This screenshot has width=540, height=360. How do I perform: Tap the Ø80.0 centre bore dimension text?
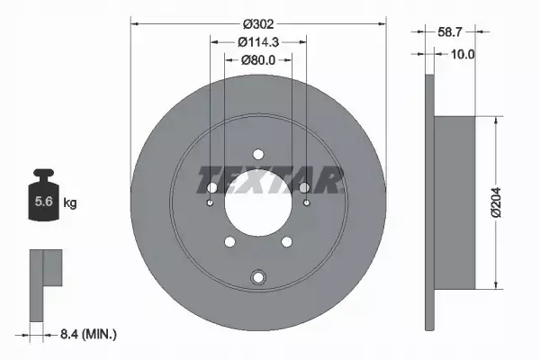pyautogui.click(x=258, y=59)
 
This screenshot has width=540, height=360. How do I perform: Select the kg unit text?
pyautogui.click(x=70, y=203)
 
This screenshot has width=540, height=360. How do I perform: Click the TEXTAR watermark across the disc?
pyautogui.click(x=271, y=180)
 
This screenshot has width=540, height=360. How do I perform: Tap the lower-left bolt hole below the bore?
pyautogui.click(x=230, y=241)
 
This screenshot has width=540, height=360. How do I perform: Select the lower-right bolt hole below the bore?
pyautogui.click(x=286, y=241)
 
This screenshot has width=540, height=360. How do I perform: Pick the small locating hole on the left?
pyautogui.click(x=209, y=202)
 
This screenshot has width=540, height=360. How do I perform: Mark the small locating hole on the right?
pyautogui.click(x=308, y=202)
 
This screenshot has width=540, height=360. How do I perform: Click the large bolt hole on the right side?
pyautogui.click(x=305, y=187)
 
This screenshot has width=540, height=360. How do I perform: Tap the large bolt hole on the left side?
pyautogui.click(x=211, y=187)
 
